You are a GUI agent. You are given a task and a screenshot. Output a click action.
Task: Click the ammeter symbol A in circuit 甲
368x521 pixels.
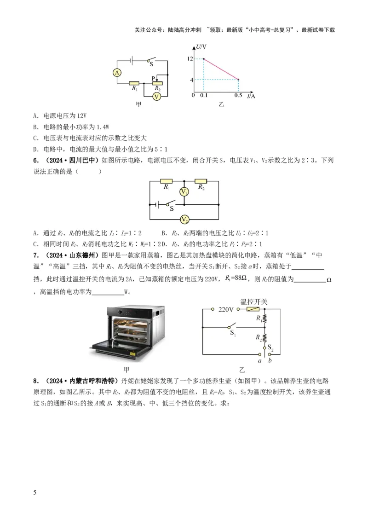tap(117, 73)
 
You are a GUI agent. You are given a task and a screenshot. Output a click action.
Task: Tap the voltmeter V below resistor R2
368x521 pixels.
tap(157, 96)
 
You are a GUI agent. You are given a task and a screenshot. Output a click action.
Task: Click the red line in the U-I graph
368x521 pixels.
tap(221, 69)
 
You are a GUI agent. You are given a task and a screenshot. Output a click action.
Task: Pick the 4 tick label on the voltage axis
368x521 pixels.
tap(190, 80)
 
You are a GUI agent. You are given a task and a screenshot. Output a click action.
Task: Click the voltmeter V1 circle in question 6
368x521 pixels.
tap(184, 192)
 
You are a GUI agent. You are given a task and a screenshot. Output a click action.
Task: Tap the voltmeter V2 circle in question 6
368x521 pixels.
tap(184, 219)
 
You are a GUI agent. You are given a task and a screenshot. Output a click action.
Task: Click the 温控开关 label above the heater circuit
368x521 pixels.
tap(254, 301)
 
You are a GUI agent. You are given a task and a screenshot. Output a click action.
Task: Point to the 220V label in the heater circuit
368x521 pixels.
tap(227, 309)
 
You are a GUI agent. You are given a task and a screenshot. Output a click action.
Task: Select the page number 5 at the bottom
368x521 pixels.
tap(35, 493)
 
